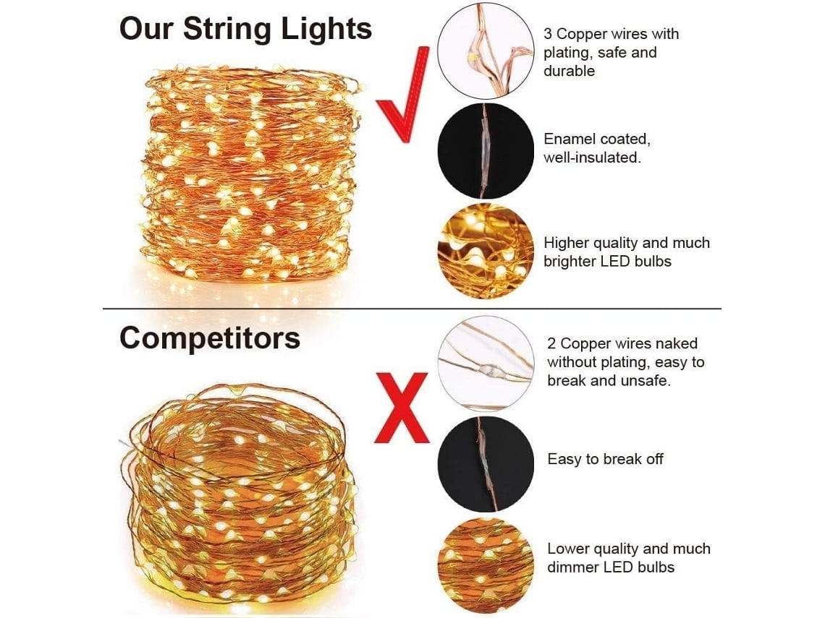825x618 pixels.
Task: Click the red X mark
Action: coord(402,408)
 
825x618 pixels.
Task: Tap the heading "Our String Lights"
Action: coord(246,28)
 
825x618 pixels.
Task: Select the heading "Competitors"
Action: coord(210,338)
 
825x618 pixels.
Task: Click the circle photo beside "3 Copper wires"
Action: coord(486,51)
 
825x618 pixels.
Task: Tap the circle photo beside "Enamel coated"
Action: coord(486,151)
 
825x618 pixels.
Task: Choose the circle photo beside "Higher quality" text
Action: coord(486,252)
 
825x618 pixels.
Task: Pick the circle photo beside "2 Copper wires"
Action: coord(486,363)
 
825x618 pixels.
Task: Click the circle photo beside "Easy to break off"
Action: coord(486,464)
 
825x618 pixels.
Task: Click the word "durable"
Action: coord(570,71)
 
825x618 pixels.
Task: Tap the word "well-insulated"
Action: coord(592,158)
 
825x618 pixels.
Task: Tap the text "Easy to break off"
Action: coord(605,459)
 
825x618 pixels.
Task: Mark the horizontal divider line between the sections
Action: coord(412,309)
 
